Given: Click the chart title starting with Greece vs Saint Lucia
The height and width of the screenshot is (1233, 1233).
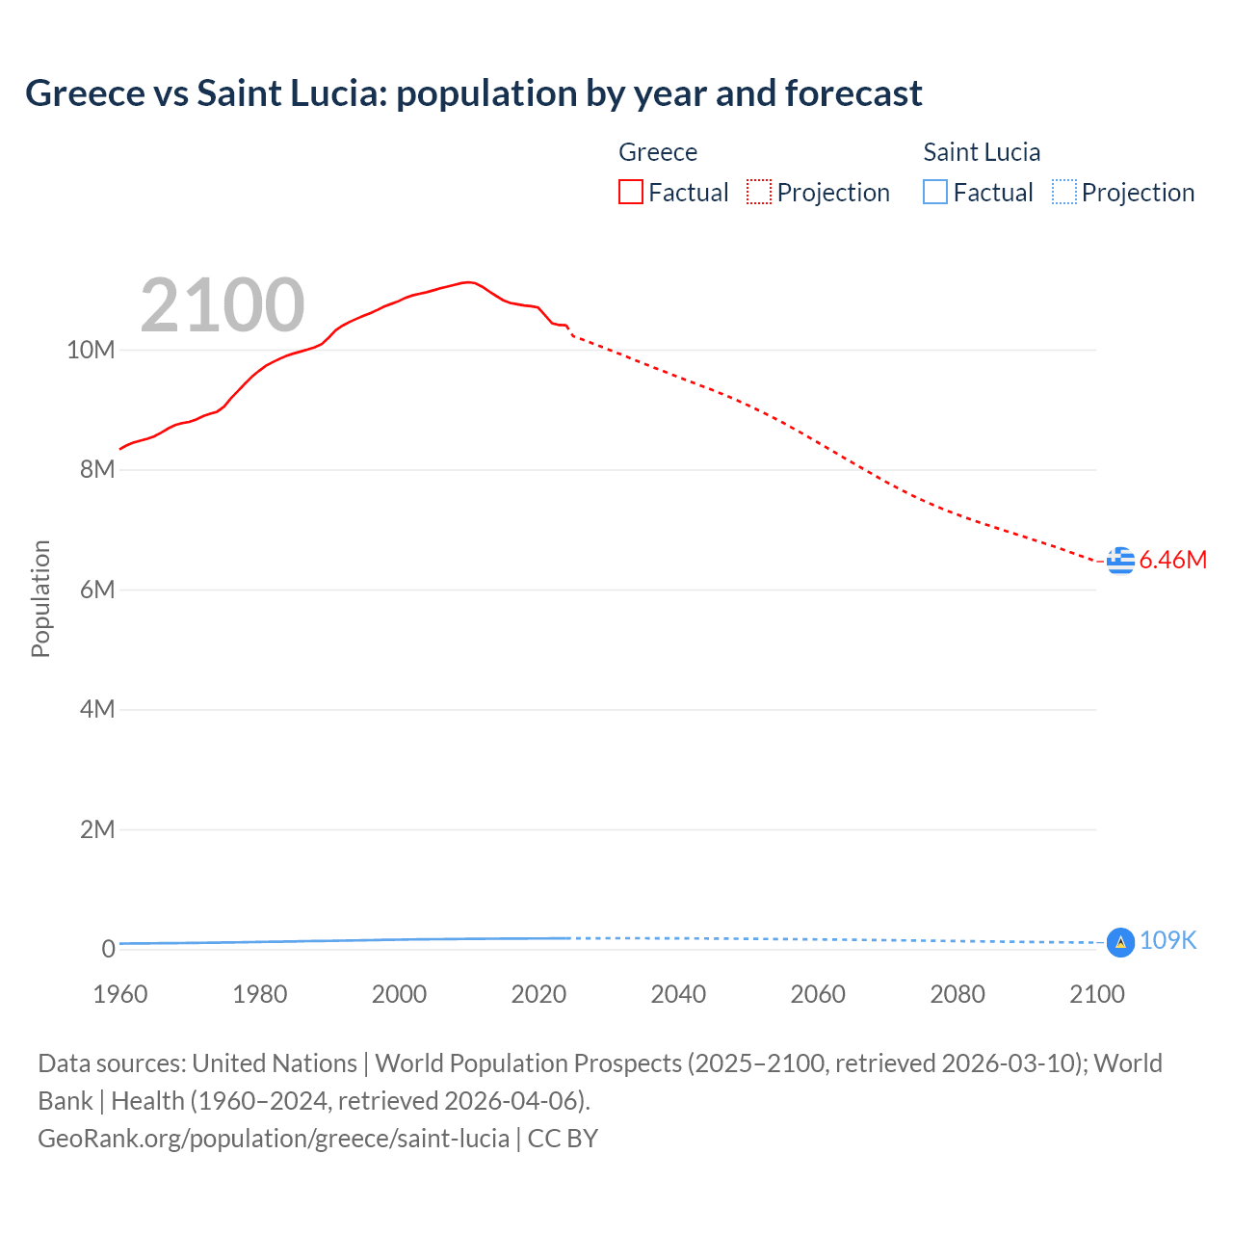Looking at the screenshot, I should tap(473, 93).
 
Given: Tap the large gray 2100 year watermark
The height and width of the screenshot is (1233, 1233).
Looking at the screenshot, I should tap(223, 305).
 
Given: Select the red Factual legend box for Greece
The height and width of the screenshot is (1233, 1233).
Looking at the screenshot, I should tap(631, 193).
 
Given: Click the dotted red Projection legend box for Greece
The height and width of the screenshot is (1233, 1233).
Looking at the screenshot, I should tap(759, 193).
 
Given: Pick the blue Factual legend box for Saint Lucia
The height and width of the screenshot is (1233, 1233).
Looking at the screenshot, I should tap(935, 193).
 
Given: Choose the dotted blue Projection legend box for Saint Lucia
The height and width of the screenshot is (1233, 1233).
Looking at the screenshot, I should tap(1064, 193).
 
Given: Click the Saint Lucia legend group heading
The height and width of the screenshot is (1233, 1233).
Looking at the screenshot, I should tap(981, 152).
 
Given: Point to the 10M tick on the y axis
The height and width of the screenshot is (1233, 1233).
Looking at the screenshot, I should tap(91, 350).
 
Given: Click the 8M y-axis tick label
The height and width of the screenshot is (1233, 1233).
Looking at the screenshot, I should tap(96, 470).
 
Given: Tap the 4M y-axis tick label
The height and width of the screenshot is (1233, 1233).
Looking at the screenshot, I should tap(96, 710).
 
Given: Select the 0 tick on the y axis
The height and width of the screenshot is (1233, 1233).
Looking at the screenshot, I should tap(108, 949).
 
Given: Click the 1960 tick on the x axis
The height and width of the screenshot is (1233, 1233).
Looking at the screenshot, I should tap(120, 994).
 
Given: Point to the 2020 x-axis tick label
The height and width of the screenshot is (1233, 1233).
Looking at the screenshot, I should tap(538, 994).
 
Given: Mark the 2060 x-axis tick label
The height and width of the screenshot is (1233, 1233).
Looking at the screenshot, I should tap(818, 994).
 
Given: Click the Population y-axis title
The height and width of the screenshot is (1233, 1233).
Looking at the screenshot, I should tap(40, 598).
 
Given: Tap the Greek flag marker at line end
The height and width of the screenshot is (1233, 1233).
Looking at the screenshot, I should tap(1120, 560).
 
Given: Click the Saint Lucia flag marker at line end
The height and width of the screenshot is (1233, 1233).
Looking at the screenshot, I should tap(1120, 942).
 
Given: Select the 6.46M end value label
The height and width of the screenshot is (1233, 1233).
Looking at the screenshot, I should tap(1172, 560).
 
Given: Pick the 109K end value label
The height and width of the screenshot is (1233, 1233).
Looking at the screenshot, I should tap(1167, 941).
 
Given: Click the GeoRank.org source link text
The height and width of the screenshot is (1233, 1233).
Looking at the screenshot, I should tap(274, 1139).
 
